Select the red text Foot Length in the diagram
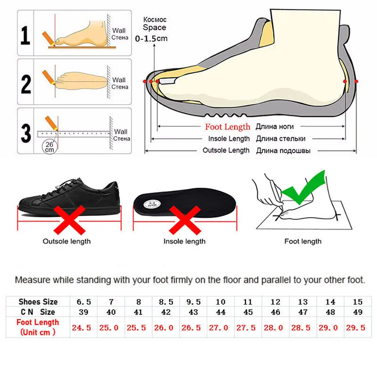pyautogui.click(x=228, y=127)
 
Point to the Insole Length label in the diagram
pyautogui.click(x=229, y=139)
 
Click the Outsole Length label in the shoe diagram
pyautogui.click(x=226, y=150)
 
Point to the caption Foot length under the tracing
pyautogui.click(x=303, y=241)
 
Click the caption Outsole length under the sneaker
pyautogui.click(x=67, y=241)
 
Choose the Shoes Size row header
pyautogui.click(x=38, y=302)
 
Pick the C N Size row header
pyautogui.click(x=38, y=311)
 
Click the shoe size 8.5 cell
pyautogui.click(x=164, y=302)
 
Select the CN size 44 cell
pyautogui.click(x=221, y=311)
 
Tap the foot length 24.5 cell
pyautogui.click(x=82, y=328)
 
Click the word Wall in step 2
pyautogui.click(x=119, y=80)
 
